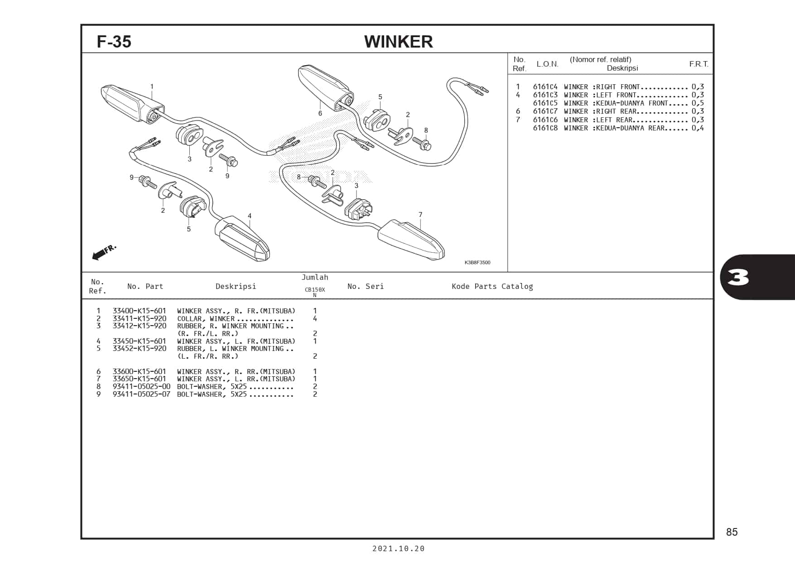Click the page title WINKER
(x=398, y=42)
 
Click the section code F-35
(x=114, y=42)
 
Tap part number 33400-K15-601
(x=139, y=311)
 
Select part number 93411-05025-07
(x=141, y=394)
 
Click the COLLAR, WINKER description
(x=206, y=319)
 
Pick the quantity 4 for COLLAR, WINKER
(x=315, y=319)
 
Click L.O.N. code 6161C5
(x=545, y=103)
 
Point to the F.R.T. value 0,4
(x=698, y=128)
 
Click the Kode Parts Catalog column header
(x=492, y=286)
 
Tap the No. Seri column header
(x=365, y=286)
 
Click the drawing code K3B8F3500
(x=477, y=263)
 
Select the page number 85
(x=732, y=532)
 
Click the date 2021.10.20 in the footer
(x=398, y=548)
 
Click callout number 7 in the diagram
(x=420, y=215)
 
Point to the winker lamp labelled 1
(x=131, y=102)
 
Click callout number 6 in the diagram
(x=320, y=113)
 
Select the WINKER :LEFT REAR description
(x=598, y=120)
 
